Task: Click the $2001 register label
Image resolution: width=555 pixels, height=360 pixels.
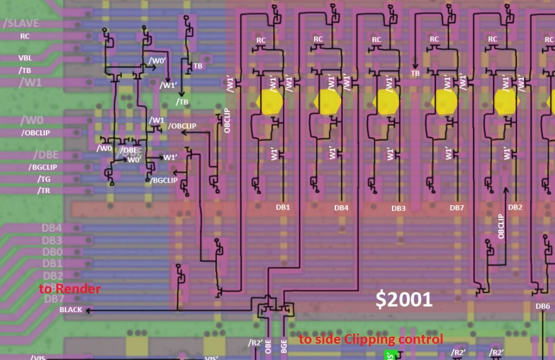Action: pos(404,300)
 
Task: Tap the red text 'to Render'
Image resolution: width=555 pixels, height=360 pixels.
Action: pos(69,289)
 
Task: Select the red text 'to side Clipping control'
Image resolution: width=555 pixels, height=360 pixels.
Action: pos(371,339)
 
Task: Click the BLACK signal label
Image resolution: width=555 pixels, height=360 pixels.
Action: pos(71,310)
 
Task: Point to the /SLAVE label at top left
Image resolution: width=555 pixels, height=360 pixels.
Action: pos(21,23)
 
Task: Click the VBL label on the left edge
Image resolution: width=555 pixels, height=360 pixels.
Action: pos(25,58)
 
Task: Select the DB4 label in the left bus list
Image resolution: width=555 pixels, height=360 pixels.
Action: pos(52,228)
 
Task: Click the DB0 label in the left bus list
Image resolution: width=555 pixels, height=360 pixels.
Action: pos(52,252)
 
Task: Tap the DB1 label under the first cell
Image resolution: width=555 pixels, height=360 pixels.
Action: pos(283,207)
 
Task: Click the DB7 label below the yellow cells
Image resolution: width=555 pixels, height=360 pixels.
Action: pos(457,208)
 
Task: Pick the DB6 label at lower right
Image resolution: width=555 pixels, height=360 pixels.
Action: pos(542,307)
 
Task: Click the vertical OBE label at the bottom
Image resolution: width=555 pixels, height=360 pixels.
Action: pos(268,347)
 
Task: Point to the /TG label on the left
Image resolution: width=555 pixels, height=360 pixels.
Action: pos(43,179)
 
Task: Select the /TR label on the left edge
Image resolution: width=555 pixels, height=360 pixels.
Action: pos(43,190)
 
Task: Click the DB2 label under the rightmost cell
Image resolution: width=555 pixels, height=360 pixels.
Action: pos(515,207)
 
